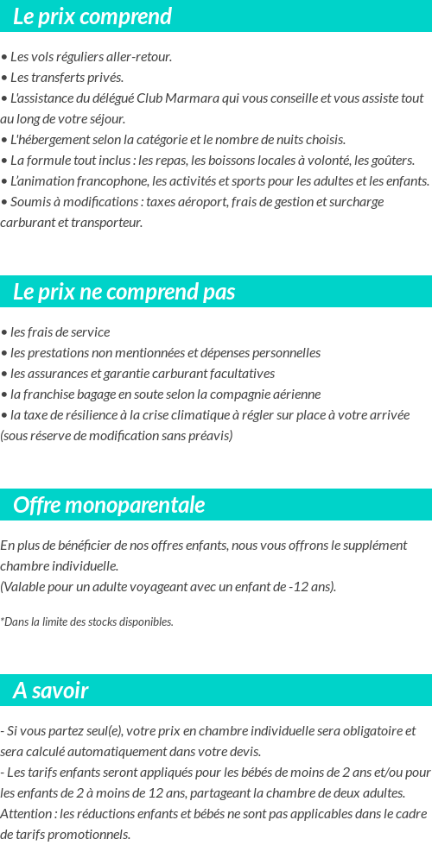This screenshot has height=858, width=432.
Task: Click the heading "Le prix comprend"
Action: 92,16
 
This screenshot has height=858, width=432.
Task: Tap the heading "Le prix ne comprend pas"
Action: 124,292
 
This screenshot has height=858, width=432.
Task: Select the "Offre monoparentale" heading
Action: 109,505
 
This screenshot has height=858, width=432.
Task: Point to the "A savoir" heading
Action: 51,691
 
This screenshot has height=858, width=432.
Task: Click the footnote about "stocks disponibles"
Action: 87,621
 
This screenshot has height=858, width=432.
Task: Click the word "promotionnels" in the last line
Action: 91,835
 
